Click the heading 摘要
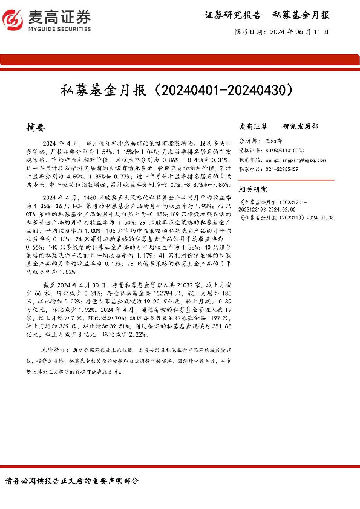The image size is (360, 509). point(36,128)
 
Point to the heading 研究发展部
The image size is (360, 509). point(300,127)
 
